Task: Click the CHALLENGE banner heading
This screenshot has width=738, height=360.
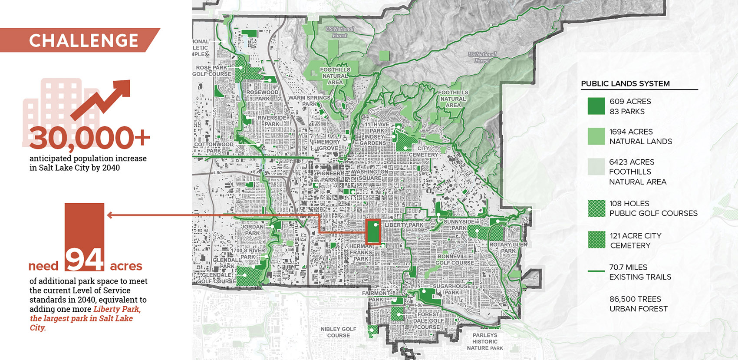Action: [83, 40]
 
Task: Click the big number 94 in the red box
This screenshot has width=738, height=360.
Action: [85, 259]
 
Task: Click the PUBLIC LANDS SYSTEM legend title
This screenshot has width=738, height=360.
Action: [625, 83]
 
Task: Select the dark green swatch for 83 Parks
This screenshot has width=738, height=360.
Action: [596, 106]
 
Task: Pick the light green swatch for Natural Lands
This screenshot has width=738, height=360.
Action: [596, 136]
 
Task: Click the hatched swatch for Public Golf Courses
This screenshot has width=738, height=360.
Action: [596, 208]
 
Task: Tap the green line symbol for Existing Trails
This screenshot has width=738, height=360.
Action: [596, 271]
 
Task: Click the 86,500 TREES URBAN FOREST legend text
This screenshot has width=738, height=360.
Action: [638, 304]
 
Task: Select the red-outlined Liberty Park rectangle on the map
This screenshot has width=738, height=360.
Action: [373, 231]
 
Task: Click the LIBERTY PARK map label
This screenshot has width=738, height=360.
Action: [404, 225]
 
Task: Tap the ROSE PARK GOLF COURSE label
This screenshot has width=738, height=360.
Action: [212, 71]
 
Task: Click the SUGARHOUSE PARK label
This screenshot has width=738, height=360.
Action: [452, 289]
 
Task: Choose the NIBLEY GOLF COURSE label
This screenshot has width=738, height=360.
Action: [338, 332]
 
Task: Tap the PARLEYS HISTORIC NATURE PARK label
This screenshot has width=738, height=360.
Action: [485, 341]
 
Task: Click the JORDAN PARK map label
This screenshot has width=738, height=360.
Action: [252, 230]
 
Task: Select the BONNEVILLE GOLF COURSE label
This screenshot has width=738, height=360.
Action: [455, 260]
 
